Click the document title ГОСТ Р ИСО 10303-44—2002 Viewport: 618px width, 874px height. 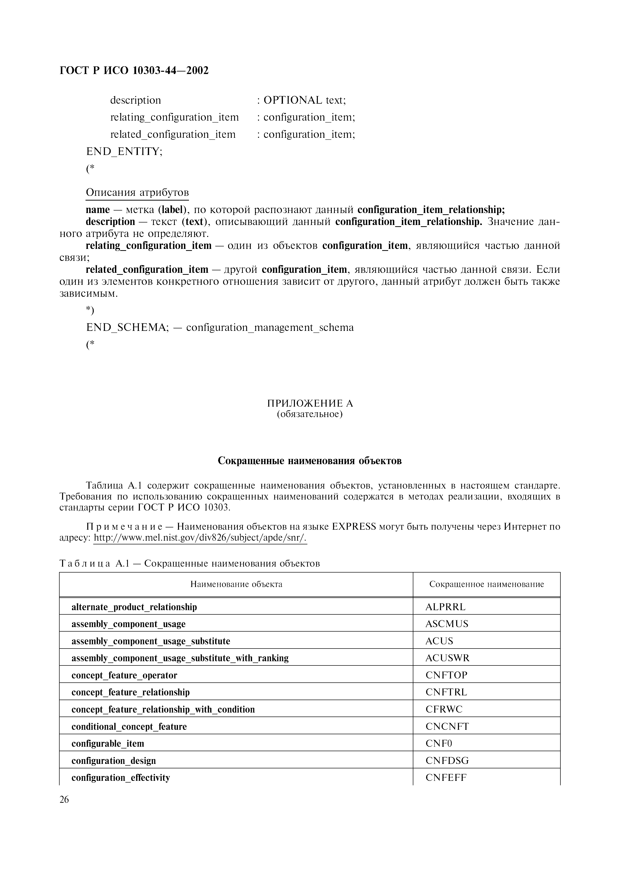click(134, 71)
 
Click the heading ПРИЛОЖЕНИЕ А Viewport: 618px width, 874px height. click(310, 404)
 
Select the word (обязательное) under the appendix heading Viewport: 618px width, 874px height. click(310, 414)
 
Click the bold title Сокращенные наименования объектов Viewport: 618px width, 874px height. click(310, 461)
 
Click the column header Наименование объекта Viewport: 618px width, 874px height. click(236, 584)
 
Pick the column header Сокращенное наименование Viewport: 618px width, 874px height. click(486, 584)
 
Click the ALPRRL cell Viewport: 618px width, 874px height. click(445, 607)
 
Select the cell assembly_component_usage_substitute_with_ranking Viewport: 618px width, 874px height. click(180, 658)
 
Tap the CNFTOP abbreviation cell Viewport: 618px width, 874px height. click(446, 675)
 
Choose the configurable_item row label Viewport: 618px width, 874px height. click(108, 743)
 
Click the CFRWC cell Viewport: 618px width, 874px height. click(443, 709)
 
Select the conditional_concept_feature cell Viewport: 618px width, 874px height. click(129, 726)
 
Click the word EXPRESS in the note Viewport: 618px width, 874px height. click(354, 527)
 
